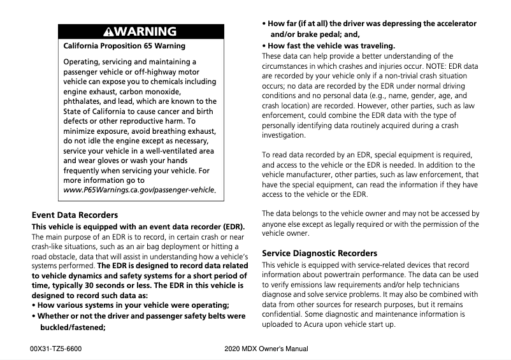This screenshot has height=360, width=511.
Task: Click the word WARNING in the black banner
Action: pyautogui.click(x=147, y=32)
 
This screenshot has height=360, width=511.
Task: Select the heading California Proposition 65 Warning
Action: pyautogui.click(x=124, y=46)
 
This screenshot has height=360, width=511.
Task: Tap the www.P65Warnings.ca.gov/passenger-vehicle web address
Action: pyautogui.click(x=139, y=191)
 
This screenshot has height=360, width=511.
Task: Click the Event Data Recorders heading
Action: pyautogui.click(x=75, y=215)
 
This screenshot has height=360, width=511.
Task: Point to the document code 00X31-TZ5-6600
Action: pyautogui.click(x=56, y=349)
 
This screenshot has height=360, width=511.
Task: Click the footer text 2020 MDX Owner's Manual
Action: pyautogui.click(x=266, y=349)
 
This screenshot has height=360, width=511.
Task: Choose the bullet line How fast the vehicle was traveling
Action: pyautogui.click(x=328, y=46)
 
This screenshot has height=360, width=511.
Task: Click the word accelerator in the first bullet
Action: pyautogui.click(x=452, y=24)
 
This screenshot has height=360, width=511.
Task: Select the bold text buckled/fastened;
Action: pyautogui.click(x=73, y=328)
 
